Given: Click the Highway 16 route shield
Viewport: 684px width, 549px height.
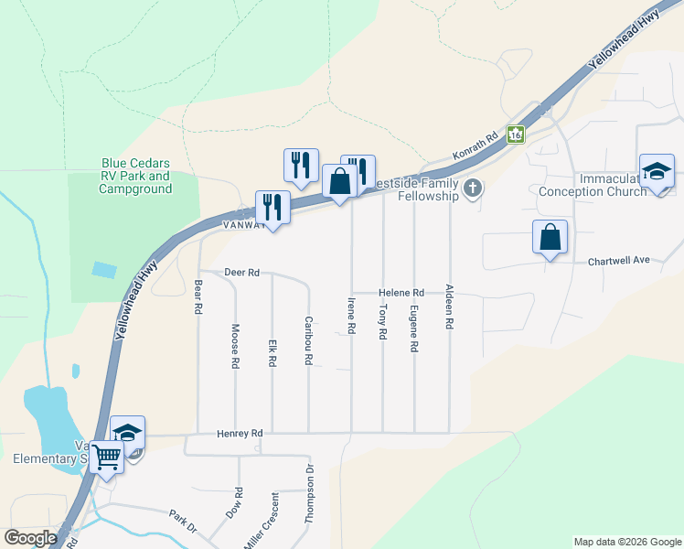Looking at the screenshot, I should (x=516, y=135).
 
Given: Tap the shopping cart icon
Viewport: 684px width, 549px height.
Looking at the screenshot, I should (x=107, y=457).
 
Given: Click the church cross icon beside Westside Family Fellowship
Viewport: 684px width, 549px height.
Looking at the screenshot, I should (x=472, y=189).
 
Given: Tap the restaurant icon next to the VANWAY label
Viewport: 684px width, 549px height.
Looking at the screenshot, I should (x=273, y=208).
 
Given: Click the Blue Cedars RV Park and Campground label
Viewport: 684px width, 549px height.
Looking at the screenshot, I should (x=136, y=177).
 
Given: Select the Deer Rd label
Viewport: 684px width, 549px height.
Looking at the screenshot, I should (x=242, y=273).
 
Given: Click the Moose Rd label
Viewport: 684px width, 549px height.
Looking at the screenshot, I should (x=235, y=347).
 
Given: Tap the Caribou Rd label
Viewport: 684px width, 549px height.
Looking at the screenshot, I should (x=308, y=340).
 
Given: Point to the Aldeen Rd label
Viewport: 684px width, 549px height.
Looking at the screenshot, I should (x=449, y=307).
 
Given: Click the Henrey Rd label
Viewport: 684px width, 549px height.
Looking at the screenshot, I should (x=240, y=433).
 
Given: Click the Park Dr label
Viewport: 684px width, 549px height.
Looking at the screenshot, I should (x=183, y=521).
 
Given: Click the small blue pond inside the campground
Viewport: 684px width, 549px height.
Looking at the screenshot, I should (x=104, y=270).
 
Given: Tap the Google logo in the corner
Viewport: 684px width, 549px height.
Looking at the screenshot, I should (x=30, y=538).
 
